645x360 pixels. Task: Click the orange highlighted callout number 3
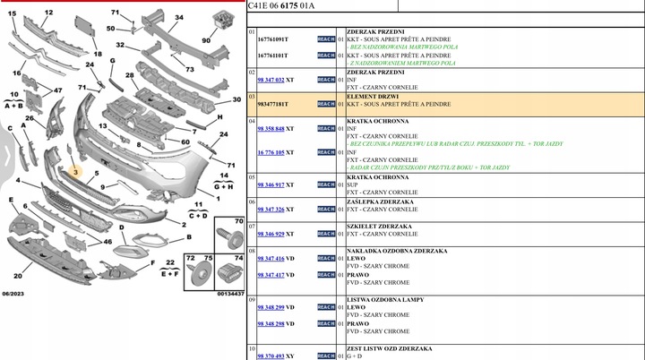pos(77,171)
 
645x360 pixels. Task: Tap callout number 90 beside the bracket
pos(206,39)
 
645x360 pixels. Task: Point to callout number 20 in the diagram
pos(18,276)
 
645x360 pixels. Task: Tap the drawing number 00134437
pos(230,293)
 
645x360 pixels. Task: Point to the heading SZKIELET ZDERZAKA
pos(379,226)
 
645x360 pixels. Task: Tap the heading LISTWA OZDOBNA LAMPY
pos(386,299)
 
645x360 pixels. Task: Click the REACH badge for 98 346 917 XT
pos(326,184)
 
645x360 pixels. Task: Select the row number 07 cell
pos(253,226)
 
